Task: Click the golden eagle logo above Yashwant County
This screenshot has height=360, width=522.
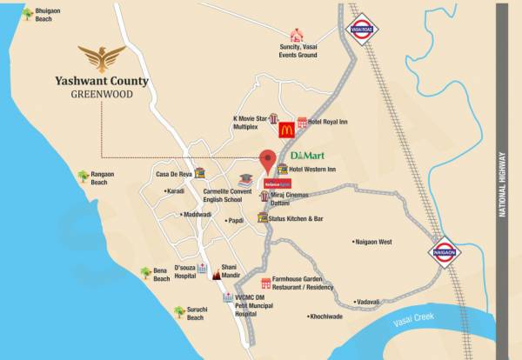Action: point(101,58)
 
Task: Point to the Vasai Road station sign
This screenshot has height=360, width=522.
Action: point(361,28)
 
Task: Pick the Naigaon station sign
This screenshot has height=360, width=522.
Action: point(442,251)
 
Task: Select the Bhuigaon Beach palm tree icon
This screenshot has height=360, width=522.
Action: point(28,13)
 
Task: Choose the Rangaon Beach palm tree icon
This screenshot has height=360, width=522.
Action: point(84,177)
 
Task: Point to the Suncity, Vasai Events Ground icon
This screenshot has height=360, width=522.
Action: point(297,36)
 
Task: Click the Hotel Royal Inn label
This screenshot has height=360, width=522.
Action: point(327,122)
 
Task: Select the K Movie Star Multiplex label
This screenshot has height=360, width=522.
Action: point(251,122)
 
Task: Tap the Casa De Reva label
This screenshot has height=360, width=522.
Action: point(173,174)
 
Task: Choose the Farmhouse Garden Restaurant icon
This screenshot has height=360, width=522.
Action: point(264,283)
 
